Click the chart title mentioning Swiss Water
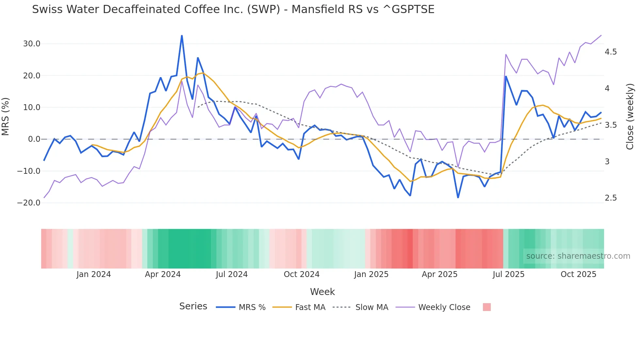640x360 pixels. pyautogui.click(x=233, y=9)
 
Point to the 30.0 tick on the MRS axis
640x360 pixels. pyautogui.click(x=32, y=44)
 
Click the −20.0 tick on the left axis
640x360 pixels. pyautogui.click(x=29, y=203)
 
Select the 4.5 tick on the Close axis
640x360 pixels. pyautogui.click(x=611, y=52)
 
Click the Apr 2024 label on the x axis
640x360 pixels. pyautogui.click(x=163, y=274)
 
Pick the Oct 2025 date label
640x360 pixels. pyautogui.click(x=578, y=274)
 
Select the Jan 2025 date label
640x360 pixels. pyautogui.click(x=371, y=274)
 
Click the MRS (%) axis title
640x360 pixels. pyautogui.click(x=6, y=117)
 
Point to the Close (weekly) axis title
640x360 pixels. pyautogui.click(x=630, y=117)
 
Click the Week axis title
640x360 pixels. pyautogui.click(x=322, y=292)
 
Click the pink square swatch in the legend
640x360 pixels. pyautogui.click(x=487, y=307)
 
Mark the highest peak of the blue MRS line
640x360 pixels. pyautogui.click(x=182, y=36)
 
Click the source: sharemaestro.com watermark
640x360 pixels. pyautogui.click(x=578, y=256)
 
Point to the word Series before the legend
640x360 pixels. pyautogui.click(x=193, y=306)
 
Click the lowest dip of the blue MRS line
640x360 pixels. pyautogui.click(x=458, y=197)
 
